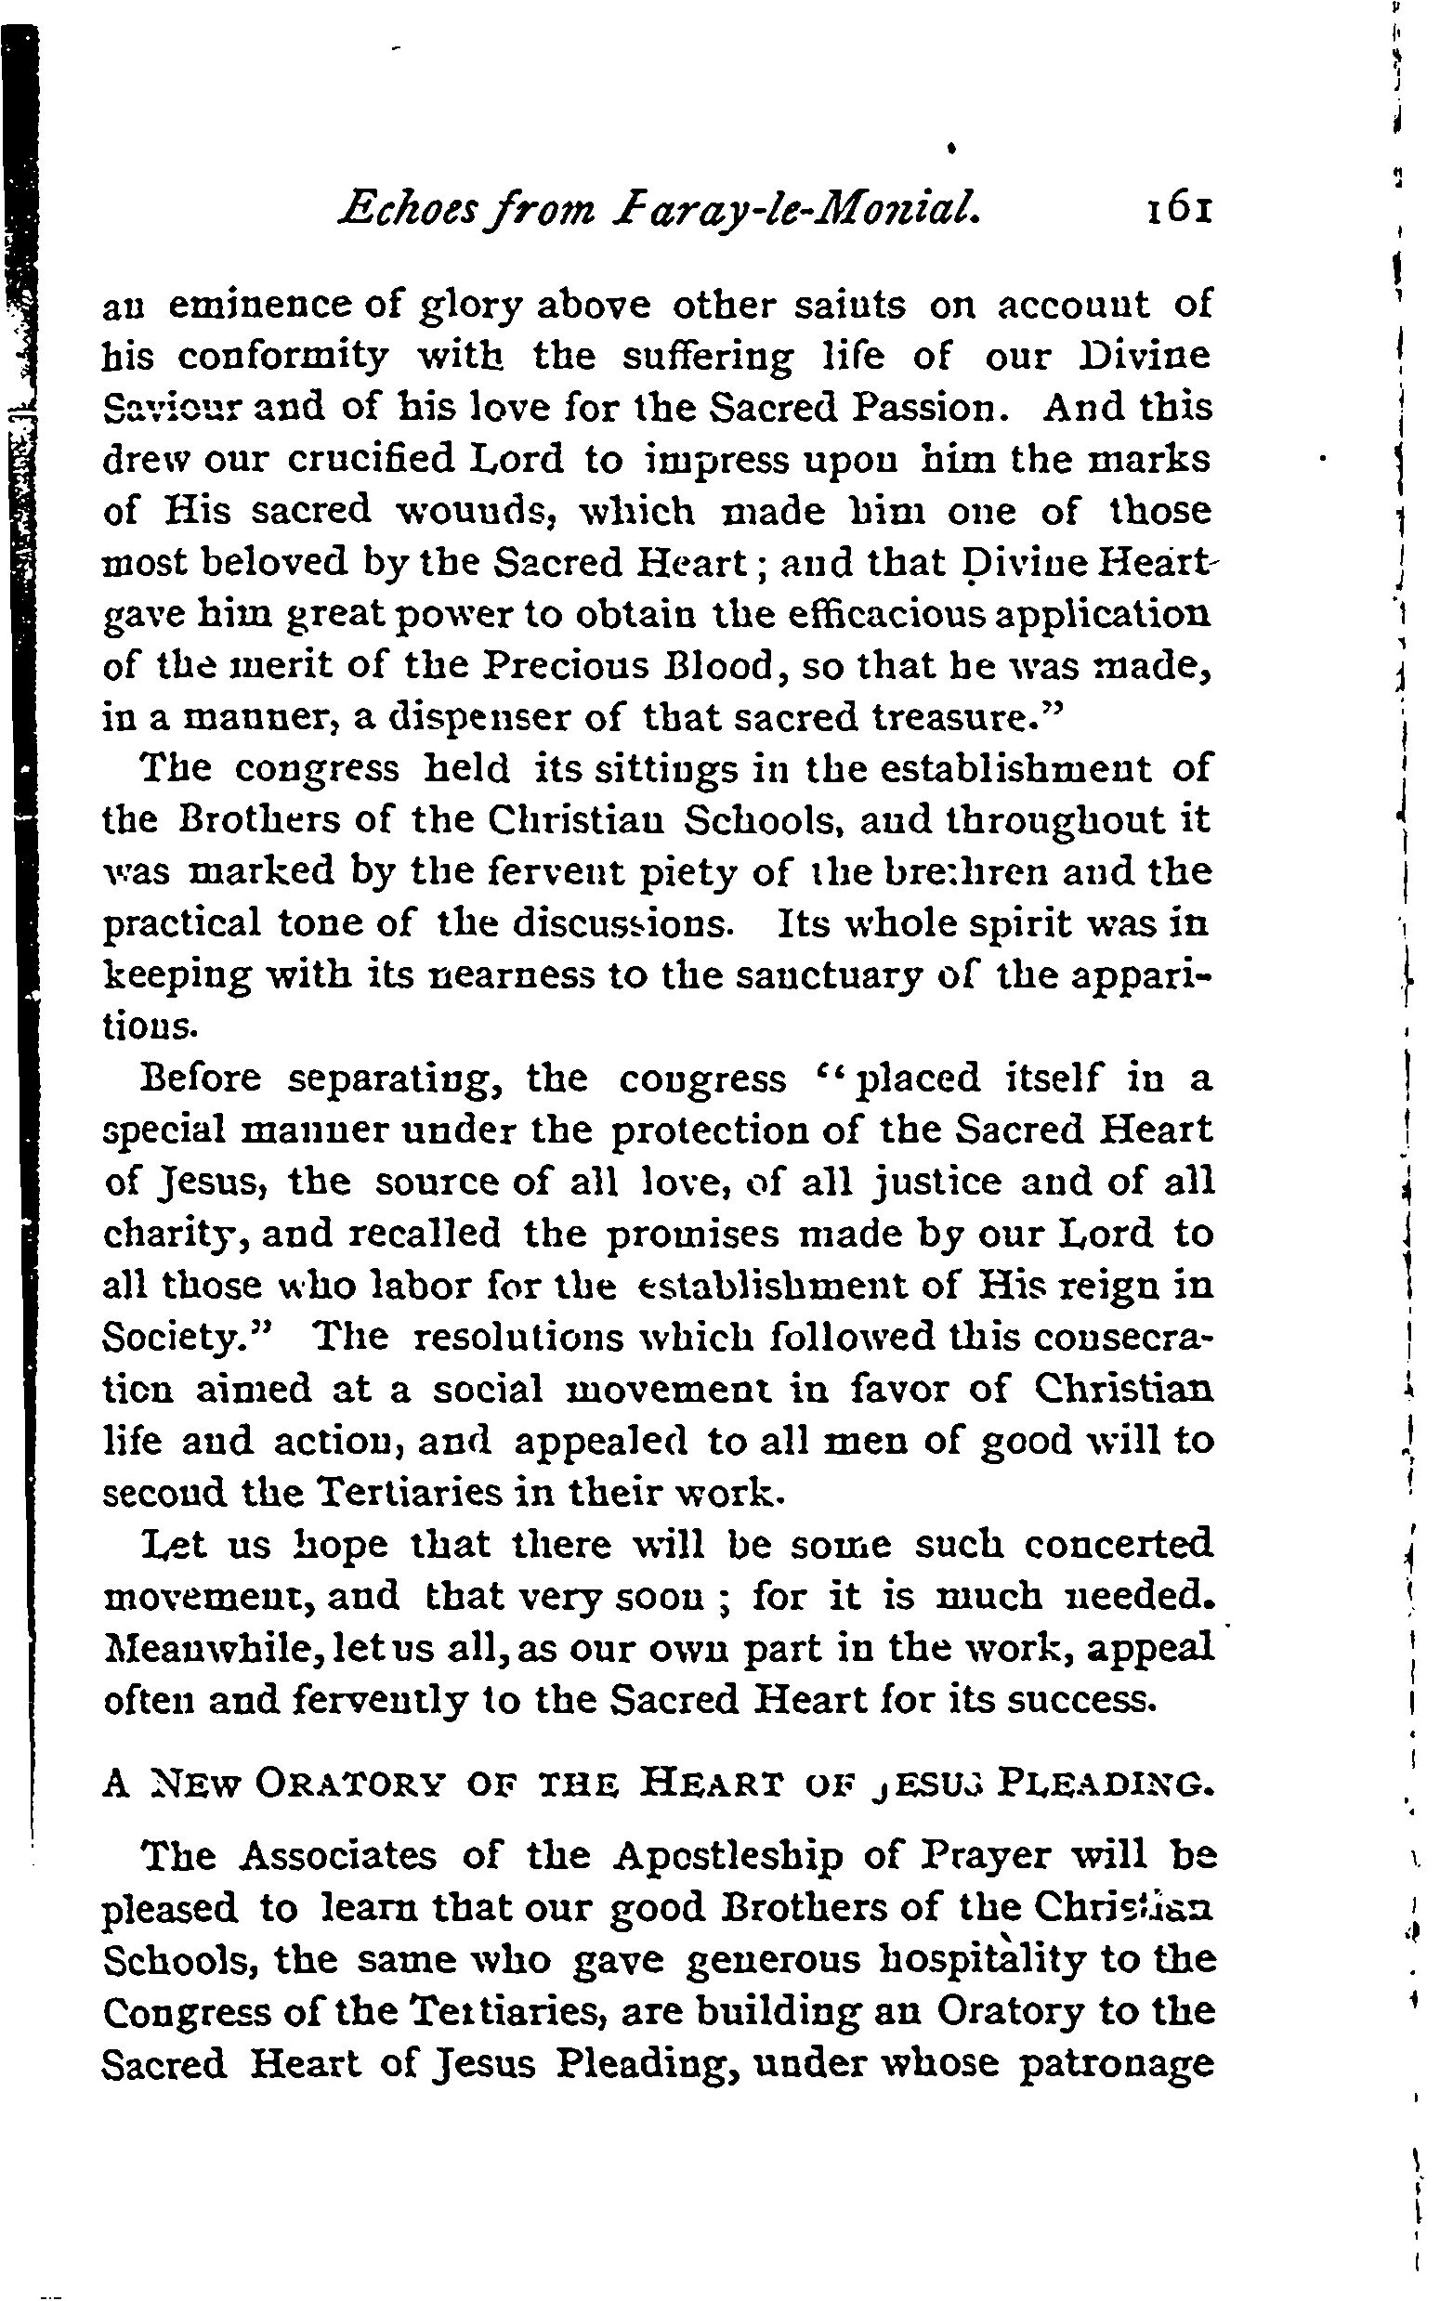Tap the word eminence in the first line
coord(248,306)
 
